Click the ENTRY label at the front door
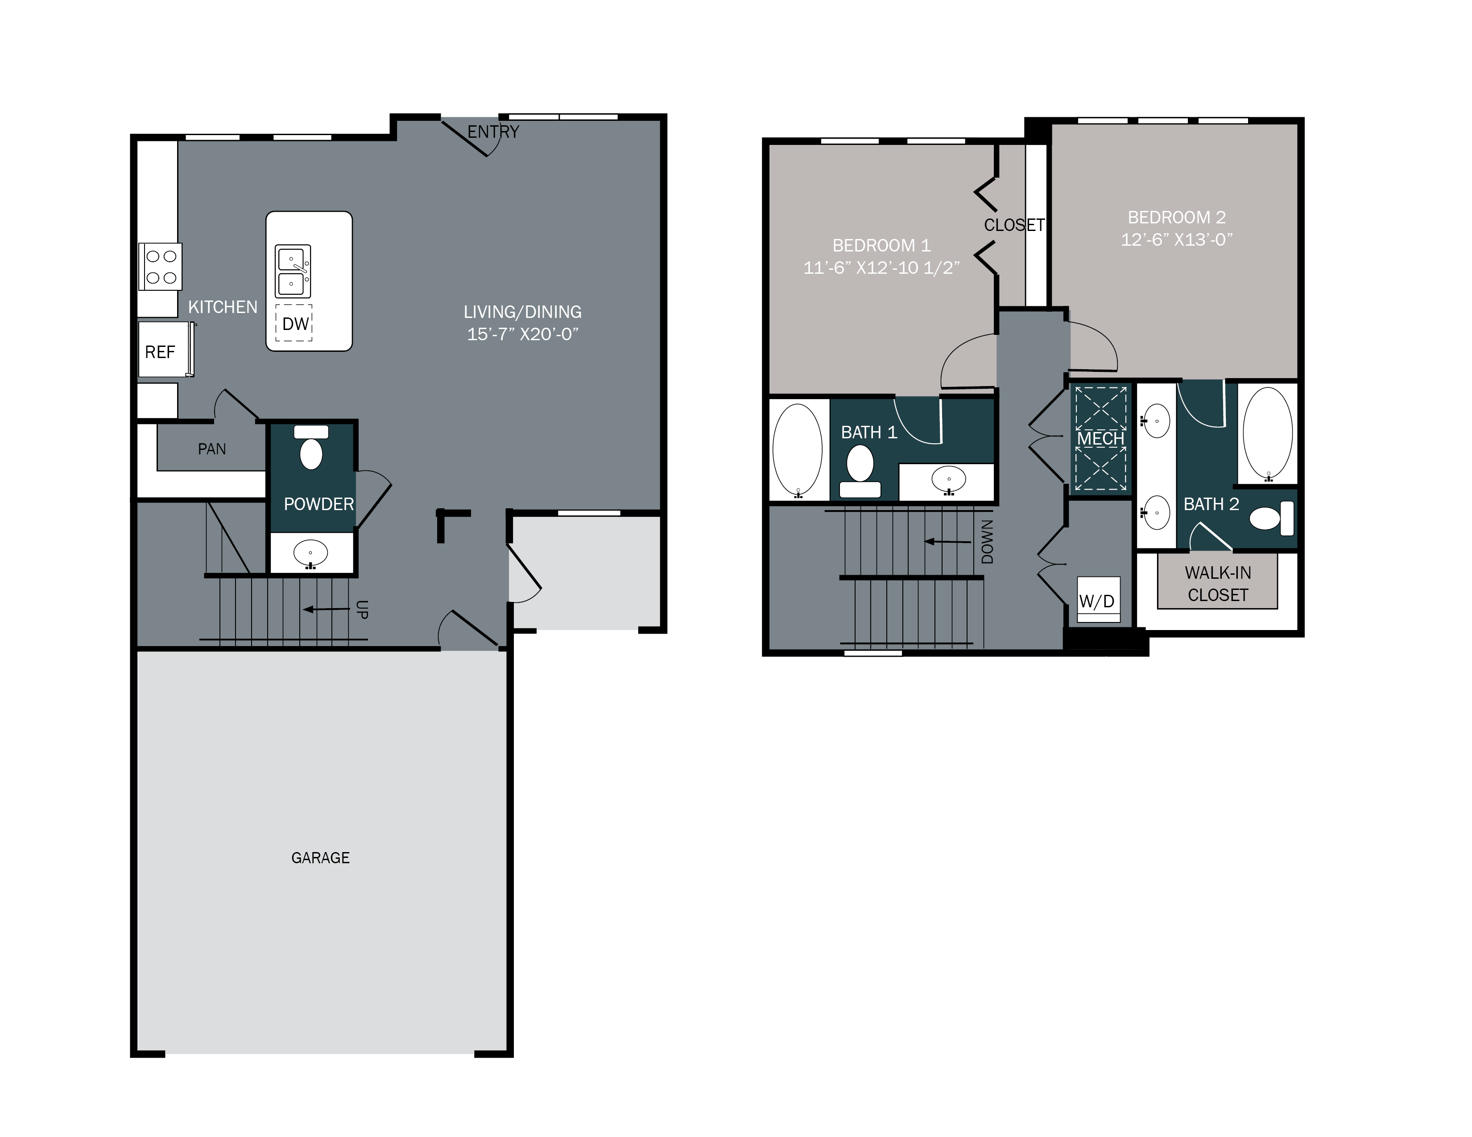(493, 132)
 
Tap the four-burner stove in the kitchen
(161, 267)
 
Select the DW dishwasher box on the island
(294, 324)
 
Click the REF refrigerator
(161, 352)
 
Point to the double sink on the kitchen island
(293, 272)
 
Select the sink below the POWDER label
(311, 554)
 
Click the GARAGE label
(320, 857)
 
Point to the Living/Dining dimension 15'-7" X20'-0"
(523, 334)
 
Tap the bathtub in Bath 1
(798, 450)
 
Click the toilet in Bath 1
(860, 471)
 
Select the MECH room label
(1100, 438)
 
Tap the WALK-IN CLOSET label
(1217, 583)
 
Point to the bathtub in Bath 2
(1268, 433)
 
